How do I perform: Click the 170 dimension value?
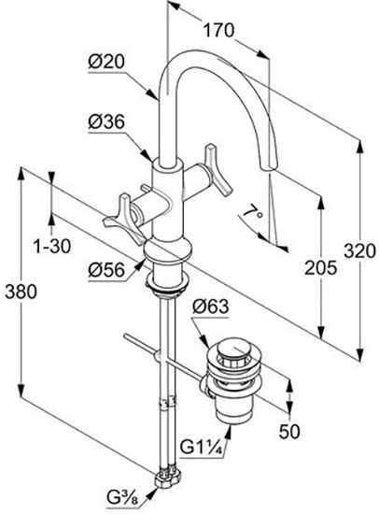tap(218, 31)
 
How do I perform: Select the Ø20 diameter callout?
tap(106, 62)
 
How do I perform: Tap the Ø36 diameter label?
tap(106, 122)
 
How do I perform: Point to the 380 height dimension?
tap(21, 291)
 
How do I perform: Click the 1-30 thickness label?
tap(52, 246)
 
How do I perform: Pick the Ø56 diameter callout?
tap(106, 270)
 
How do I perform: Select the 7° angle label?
tap(253, 214)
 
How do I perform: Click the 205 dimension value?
tap(321, 268)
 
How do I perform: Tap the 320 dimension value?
tap(360, 251)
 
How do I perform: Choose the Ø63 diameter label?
tap(210, 307)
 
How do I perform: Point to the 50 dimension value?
tap(289, 432)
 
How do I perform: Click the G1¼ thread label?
tap(202, 449)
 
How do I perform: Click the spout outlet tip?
tap(268, 168)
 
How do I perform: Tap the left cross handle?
tap(123, 218)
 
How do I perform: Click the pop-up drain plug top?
tap(232, 349)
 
